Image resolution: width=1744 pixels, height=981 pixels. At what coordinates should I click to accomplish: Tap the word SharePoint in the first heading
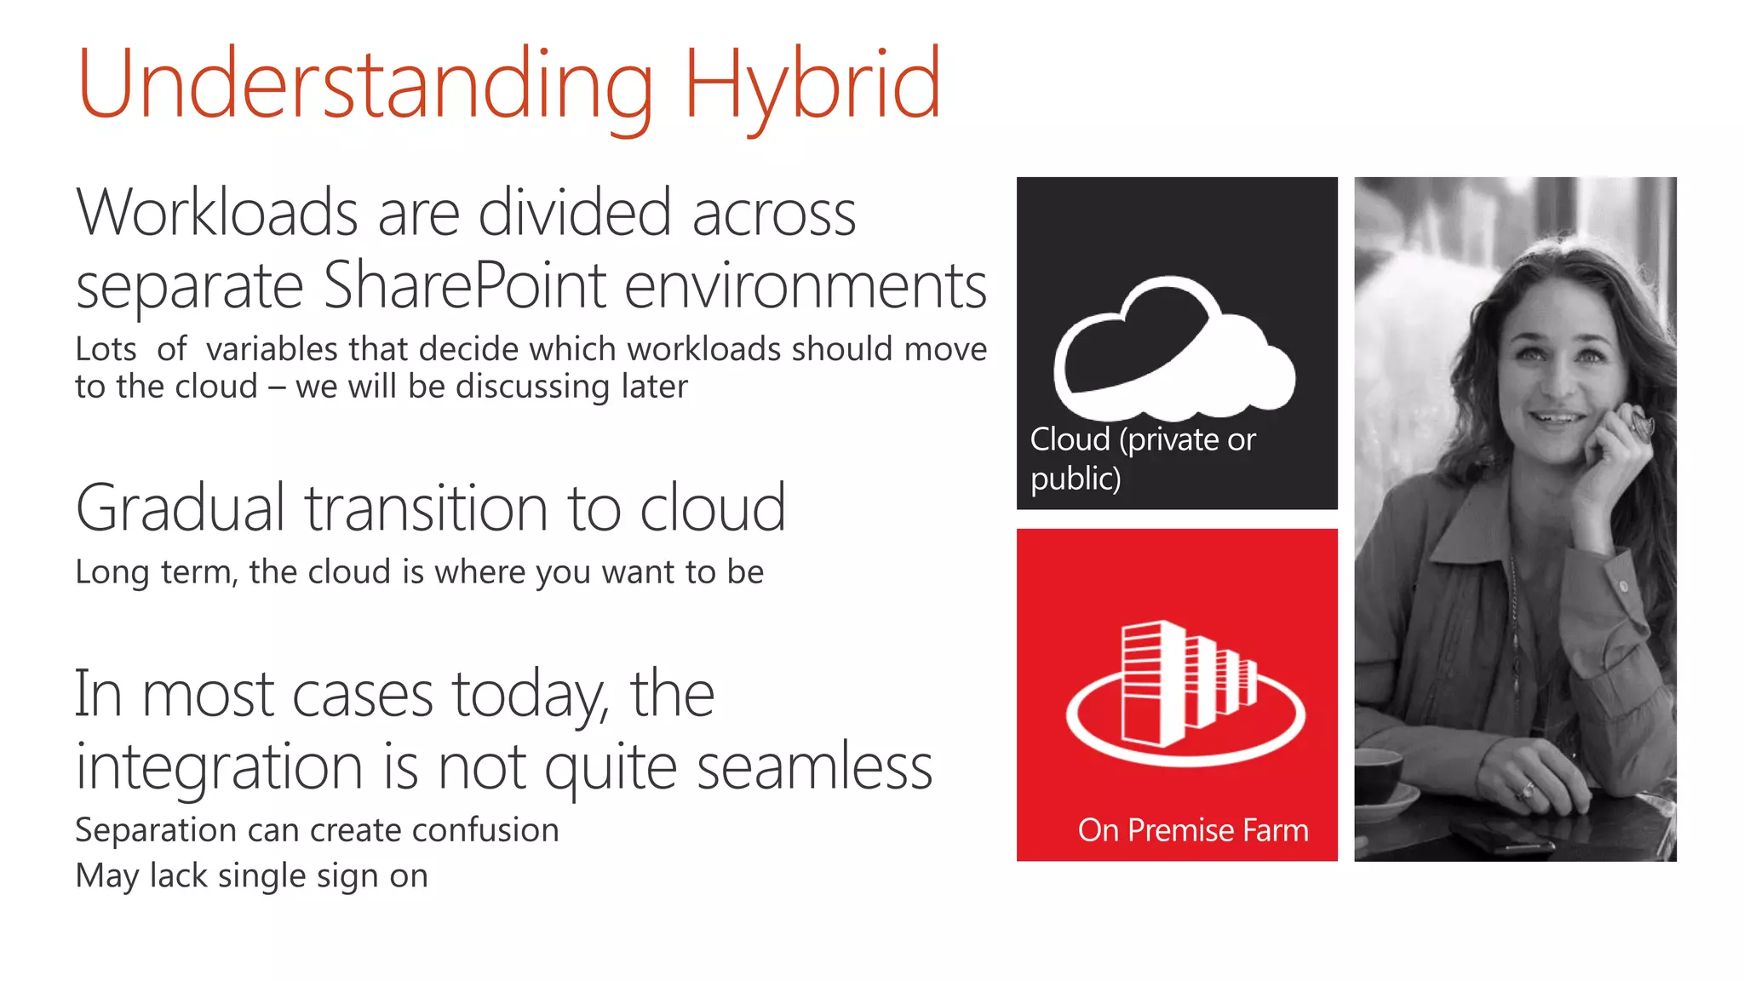(465, 286)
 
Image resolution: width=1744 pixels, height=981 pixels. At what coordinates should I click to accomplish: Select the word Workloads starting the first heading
(217, 213)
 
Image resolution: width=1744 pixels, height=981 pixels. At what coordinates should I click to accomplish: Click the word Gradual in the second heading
(180, 508)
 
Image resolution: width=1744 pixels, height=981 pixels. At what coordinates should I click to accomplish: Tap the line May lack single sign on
(251, 875)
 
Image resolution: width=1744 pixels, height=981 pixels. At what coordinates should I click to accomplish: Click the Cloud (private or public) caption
(1141, 458)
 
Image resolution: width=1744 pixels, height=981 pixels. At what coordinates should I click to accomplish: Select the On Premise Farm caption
(1192, 830)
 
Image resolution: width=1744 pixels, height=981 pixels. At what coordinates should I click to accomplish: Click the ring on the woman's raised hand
(1639, 422)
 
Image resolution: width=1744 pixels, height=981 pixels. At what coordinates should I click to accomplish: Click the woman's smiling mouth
(1558, 418)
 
